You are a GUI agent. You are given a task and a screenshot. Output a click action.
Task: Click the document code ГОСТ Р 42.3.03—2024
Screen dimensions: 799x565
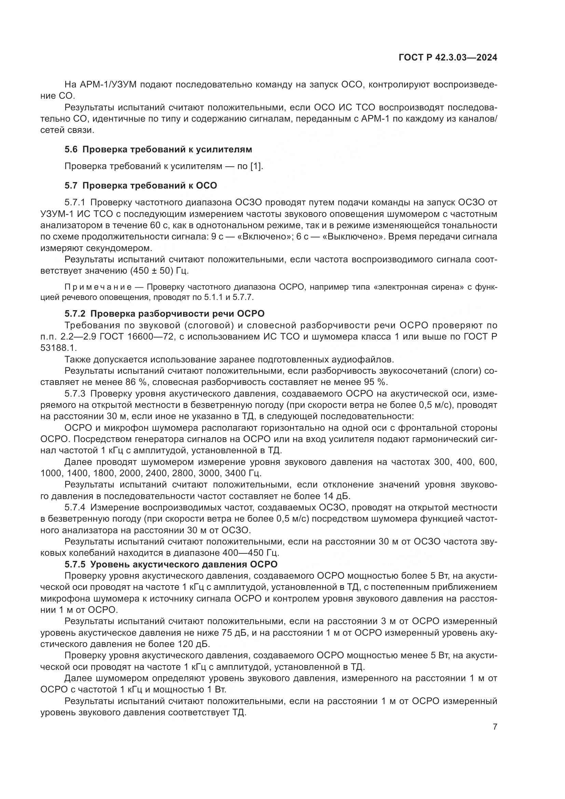pos(448,58)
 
